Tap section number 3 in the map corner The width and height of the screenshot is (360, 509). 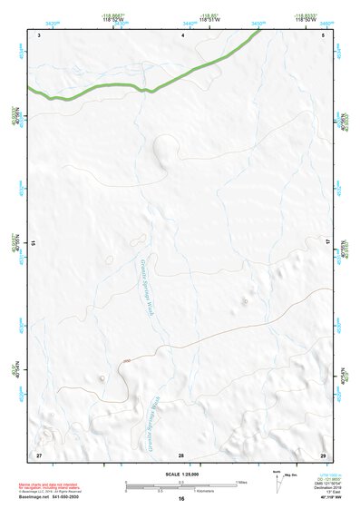40,34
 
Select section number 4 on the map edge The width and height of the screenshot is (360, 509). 183,34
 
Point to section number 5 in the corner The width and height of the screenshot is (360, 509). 324,34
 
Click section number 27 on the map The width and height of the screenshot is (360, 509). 39,453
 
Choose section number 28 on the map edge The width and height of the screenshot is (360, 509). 181,454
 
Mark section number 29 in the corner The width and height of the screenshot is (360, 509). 323,453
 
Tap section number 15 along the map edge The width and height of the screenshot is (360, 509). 34,243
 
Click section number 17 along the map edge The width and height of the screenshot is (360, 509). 329,243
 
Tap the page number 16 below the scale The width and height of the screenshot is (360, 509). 181,499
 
